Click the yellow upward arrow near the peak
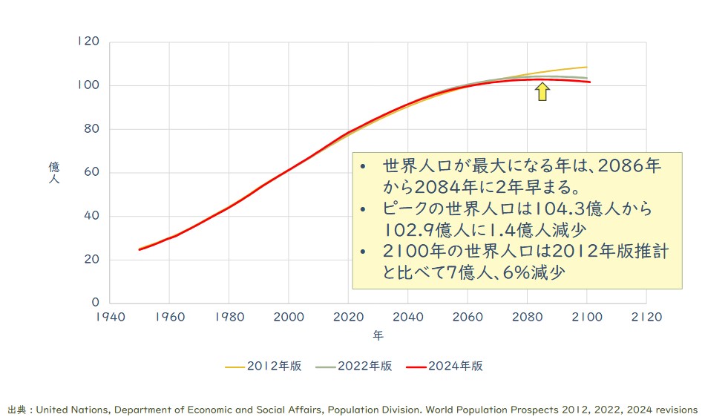pos(542,91)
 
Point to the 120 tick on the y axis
pos(88,42)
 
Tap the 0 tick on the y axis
pos(94,303)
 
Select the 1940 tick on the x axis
pos(109,315)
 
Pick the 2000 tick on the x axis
pos(289,315)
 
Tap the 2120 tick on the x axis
pos(646,315)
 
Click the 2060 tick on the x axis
pos(468,315)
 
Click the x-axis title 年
pos(378,336)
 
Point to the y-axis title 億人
pos(53,173)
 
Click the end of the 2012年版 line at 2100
pos(586,68)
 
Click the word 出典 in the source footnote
pos(16,409)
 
